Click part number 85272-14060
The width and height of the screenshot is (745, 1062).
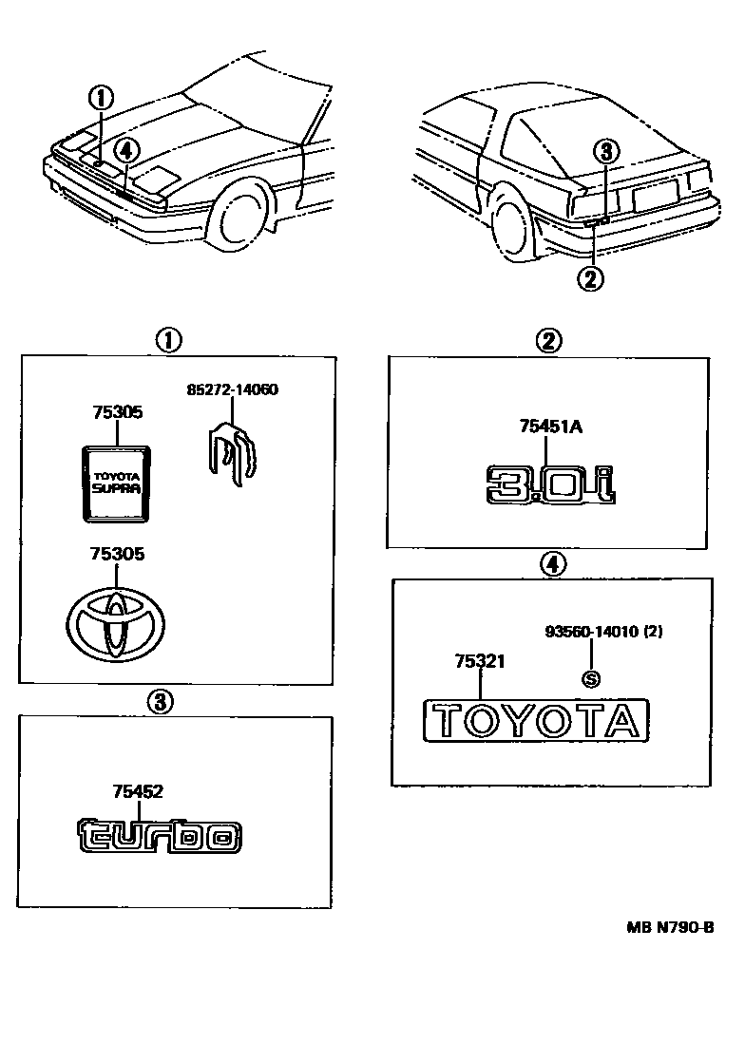232,389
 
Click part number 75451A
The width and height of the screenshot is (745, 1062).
551,427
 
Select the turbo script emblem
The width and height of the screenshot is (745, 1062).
159,835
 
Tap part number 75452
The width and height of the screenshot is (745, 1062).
138,790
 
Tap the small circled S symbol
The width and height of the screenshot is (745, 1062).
591,678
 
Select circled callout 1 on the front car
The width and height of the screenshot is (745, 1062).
101,96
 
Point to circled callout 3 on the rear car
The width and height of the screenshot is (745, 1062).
608,150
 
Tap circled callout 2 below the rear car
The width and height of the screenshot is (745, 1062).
590,278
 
